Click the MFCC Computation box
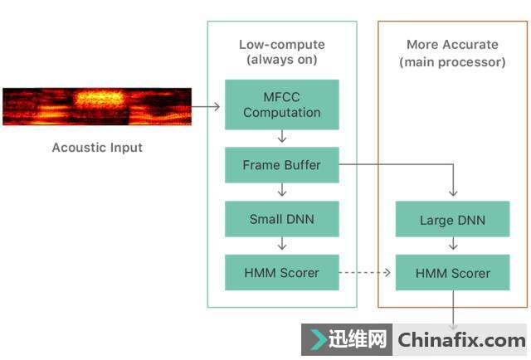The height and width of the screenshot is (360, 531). [x=282, y=105]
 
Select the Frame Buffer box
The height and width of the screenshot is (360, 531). [x=282, y=165]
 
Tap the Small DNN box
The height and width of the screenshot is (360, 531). [x=282, y=220]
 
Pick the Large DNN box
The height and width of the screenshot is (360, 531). [x=453, y=220]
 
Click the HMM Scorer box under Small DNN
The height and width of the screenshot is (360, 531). [x=282, y=272]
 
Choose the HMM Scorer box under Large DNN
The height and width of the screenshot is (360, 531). [x=453, y=272]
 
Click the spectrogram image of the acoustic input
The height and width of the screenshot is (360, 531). [x=97, y=106]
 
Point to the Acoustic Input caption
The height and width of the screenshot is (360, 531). [x=97, y=148]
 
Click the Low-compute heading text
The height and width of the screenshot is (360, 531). [x=282, y=45]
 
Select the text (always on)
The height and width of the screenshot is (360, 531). [x=282, y=61]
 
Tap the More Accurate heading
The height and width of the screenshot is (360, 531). [x=452, y=45]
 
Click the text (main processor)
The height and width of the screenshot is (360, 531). [x=452, y=61]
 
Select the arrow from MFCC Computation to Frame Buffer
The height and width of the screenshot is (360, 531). [x=282, y=138]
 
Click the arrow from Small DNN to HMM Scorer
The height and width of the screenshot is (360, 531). [x=282, y=245]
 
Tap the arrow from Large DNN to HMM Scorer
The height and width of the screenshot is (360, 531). [x=453, y=246]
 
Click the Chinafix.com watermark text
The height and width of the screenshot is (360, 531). [x=461, y=339]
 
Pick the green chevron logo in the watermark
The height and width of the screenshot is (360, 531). [x=318, y=339]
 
